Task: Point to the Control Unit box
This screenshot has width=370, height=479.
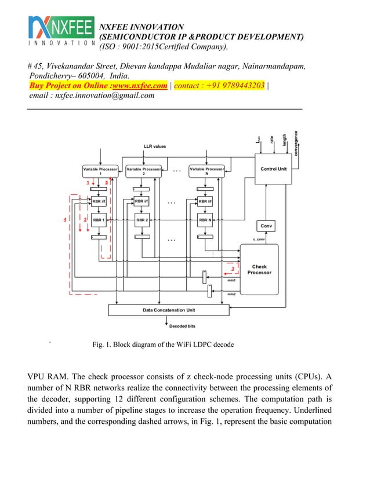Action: tap(273, 169)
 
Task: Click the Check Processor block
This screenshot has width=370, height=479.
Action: tap(259, 270)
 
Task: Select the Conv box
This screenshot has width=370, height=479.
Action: tap(266, 226)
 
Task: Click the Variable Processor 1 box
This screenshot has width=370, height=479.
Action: tap(100, 171)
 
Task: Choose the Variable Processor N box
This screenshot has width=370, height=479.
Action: tap(206, 171)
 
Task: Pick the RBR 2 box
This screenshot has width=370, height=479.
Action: tap(143, 220)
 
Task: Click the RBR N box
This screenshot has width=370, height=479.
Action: tap(206, 220)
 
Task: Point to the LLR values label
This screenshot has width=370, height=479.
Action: tap(155, 146)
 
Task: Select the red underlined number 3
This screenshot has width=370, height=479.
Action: tap(232, 268)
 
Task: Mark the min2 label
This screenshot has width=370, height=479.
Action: tap(231, 294)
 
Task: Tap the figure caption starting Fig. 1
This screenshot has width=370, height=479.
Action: tap(163, 344)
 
